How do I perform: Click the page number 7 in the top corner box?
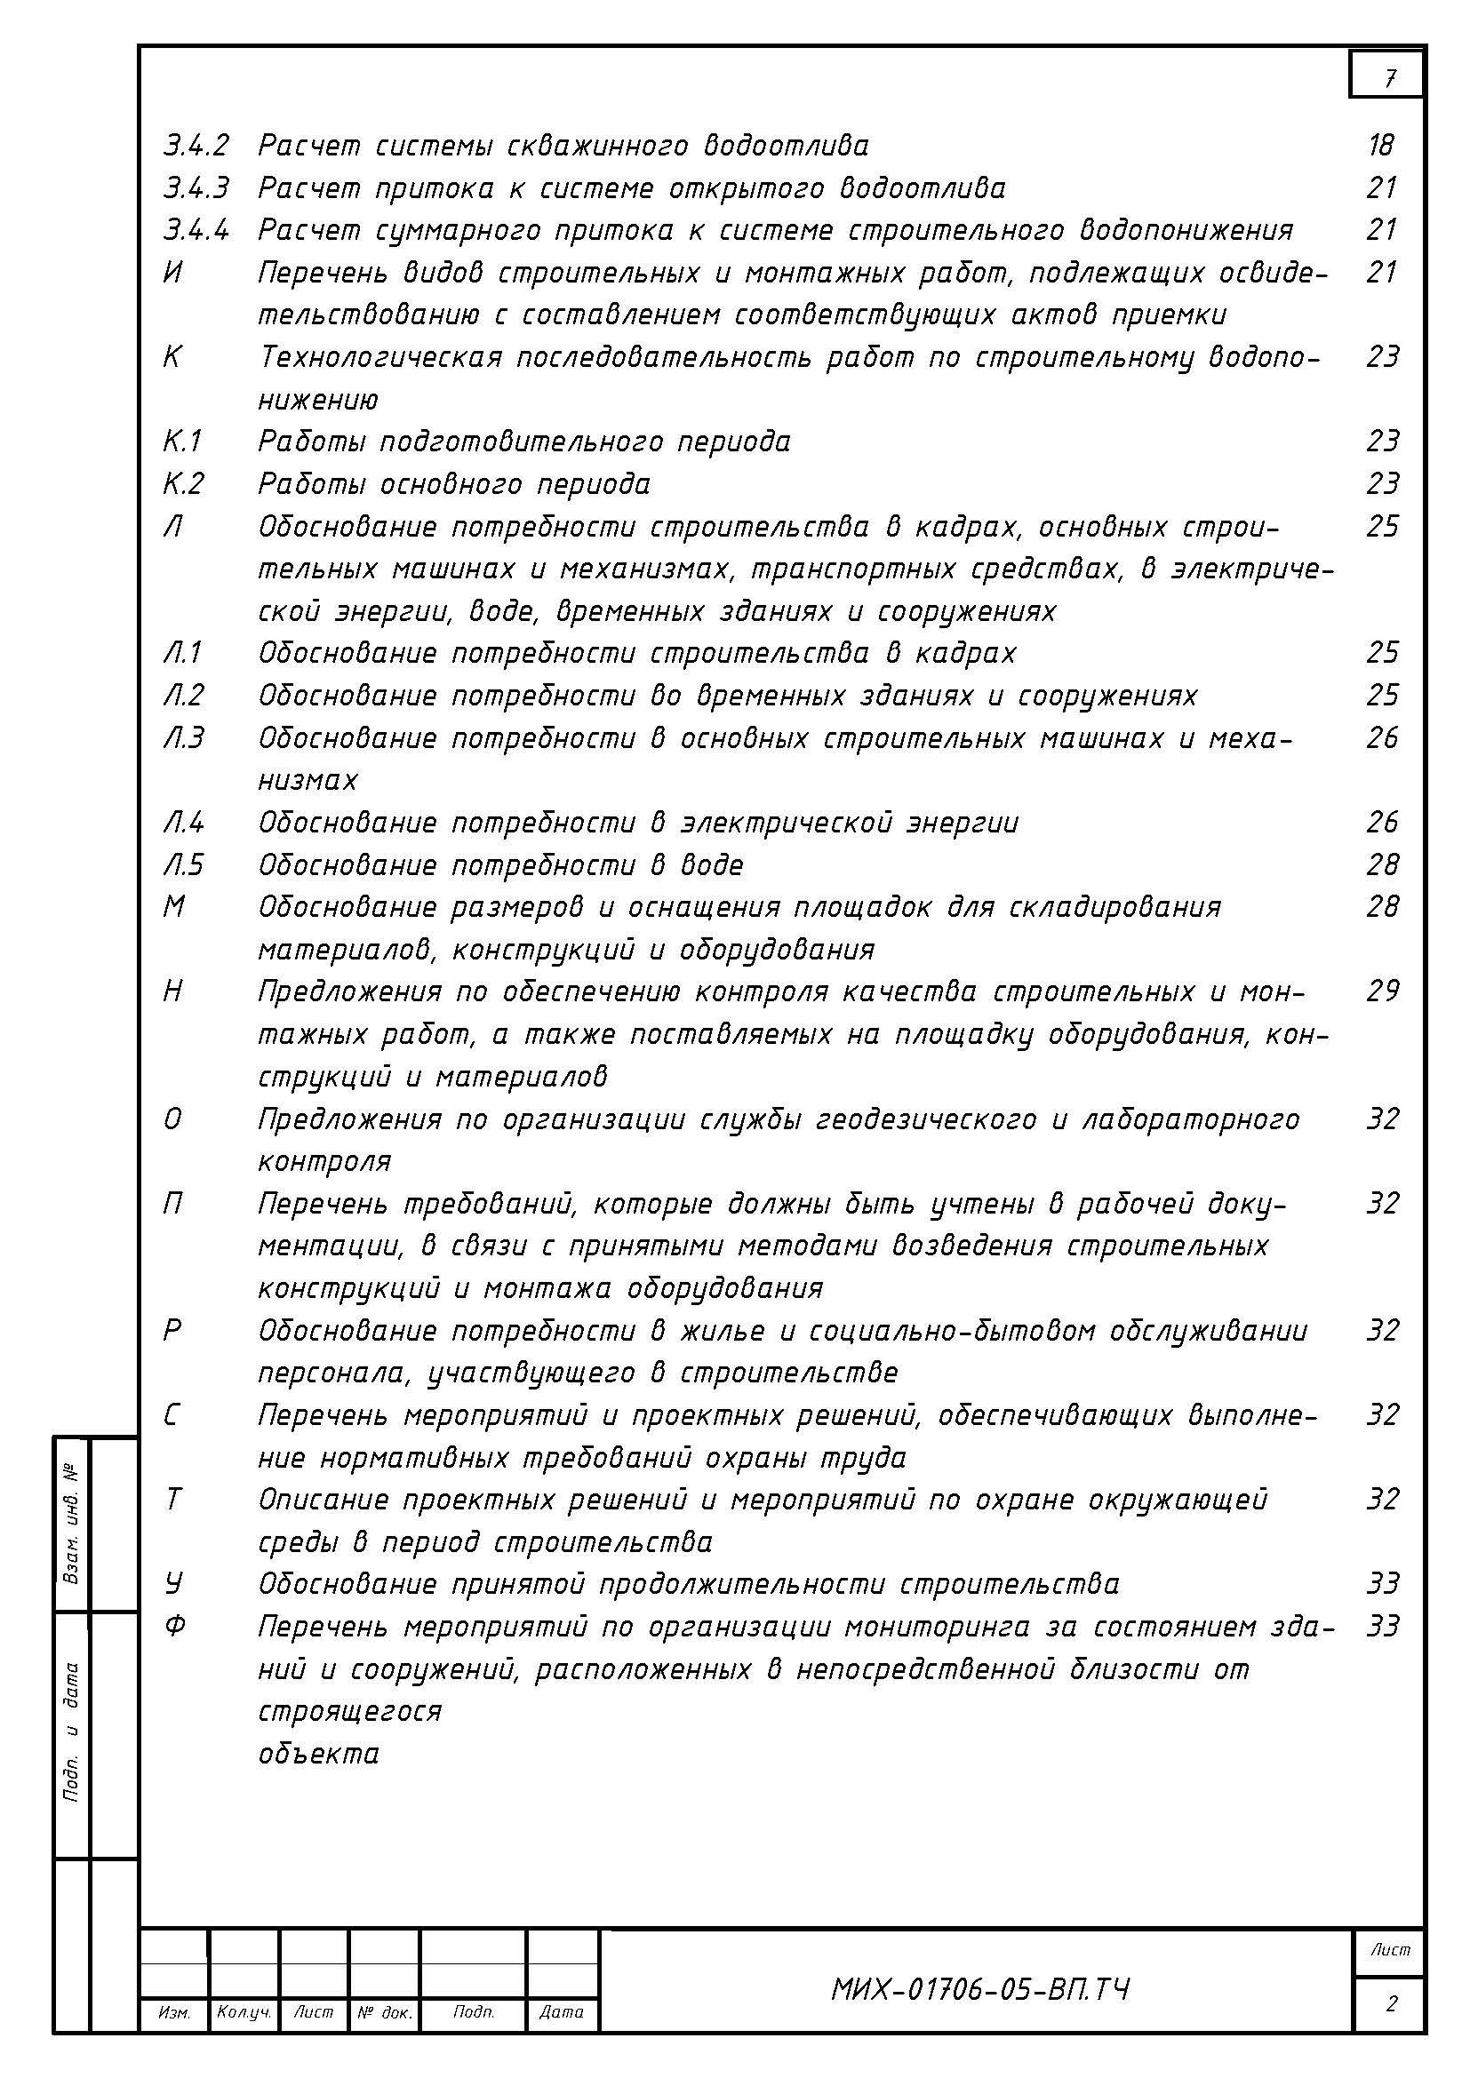click(x=1388, y=79)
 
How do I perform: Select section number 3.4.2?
click(x=196, y=145)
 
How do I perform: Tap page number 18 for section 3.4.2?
click(x=1381, y=145)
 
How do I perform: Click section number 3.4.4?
click(x=196, y=230)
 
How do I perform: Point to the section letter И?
click(x=173, y=273)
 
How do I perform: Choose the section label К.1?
click(x=183, y=442)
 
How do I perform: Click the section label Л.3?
click(x=184, y=738)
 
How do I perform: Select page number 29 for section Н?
click(x=1382, y=992)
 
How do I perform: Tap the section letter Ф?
click(x=175, y=1627)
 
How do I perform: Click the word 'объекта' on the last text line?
click(x=319, y=1754)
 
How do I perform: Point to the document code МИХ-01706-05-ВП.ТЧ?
click(x=979, y=1990)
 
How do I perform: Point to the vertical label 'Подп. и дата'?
click(x=71, y=1732)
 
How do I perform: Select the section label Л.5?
click(x=184, y=865)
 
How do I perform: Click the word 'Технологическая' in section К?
click(x=380, y=357)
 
